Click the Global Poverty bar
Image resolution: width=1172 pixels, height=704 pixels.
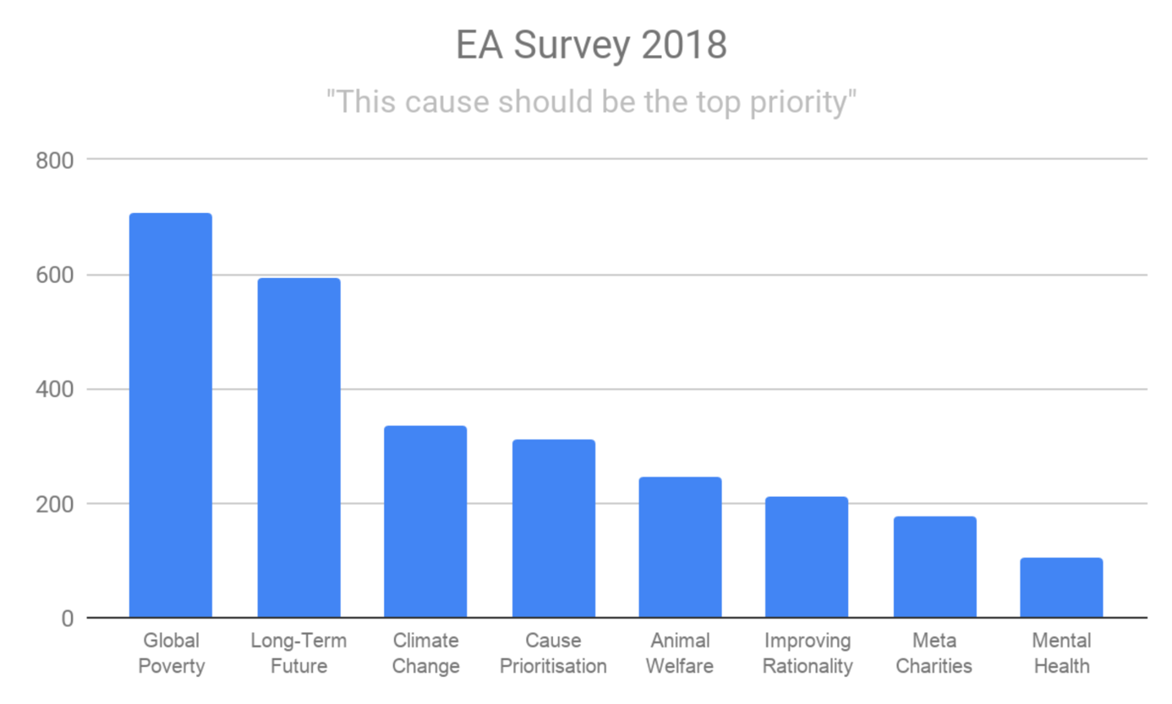coord(170,415)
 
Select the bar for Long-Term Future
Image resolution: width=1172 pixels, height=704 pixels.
coord(298,448)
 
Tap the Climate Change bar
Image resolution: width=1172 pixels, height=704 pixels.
coord(425,521)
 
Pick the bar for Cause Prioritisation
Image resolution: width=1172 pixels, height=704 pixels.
coord(553,528)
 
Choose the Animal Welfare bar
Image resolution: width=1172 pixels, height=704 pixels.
coord(680,547)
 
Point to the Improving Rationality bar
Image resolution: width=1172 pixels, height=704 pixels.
coord(807,557)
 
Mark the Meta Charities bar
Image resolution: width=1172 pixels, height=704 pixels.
coord(934,567)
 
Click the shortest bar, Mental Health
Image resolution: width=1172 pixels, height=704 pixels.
coord(1061,587)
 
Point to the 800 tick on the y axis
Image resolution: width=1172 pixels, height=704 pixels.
coord(55,160)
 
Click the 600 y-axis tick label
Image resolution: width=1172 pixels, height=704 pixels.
coord(55,275)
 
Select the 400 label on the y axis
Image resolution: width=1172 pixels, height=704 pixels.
coord(55,390)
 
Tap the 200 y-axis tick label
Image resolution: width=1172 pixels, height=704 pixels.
coord(55,504)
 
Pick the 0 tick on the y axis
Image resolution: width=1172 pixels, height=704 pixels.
coord(66,619)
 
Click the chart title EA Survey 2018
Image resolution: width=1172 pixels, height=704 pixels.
coord(591,46)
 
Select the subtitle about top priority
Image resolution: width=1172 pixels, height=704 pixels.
coord(591,102)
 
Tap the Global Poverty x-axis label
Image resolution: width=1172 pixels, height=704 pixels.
coord(171,653)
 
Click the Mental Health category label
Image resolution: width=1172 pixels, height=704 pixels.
coord(1061,653)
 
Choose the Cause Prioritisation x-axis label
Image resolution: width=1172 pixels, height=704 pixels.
coord(553,653)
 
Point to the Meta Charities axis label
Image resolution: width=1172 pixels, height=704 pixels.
coord(934,653)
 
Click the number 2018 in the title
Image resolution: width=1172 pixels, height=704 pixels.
coord(683,46)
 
